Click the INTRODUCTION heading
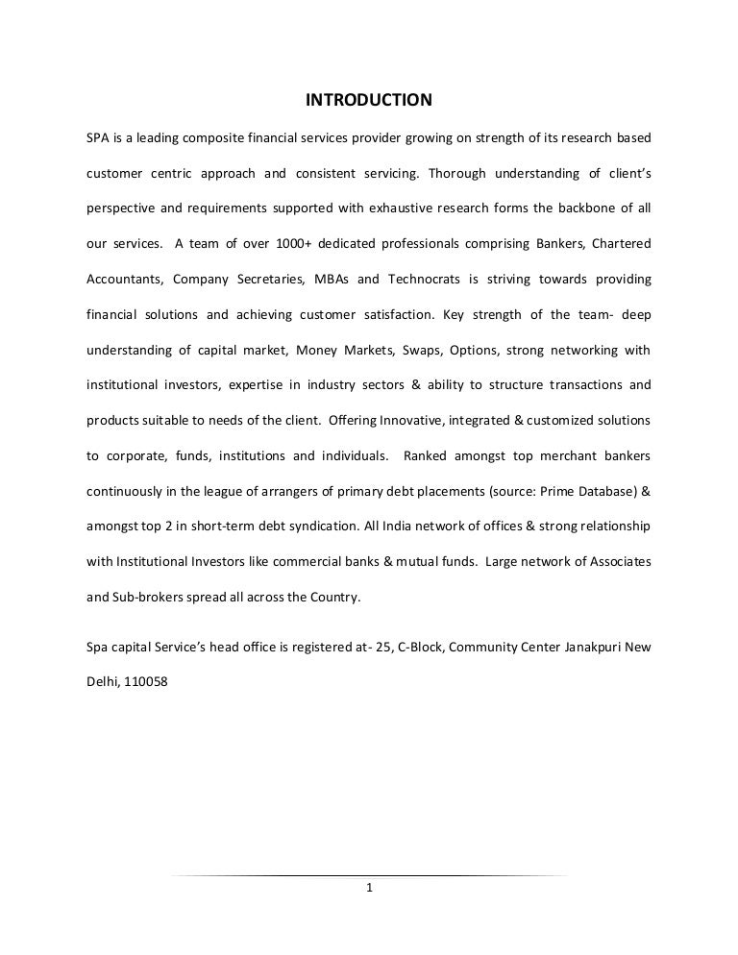pos(369,100)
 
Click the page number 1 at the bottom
pos(369,888)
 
